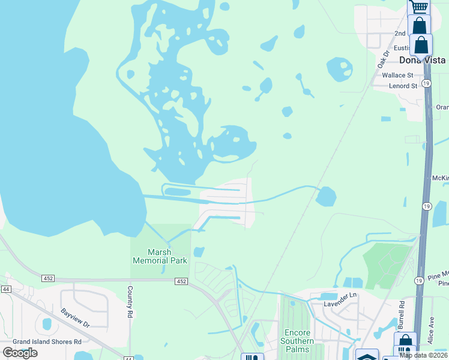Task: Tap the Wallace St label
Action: [x=397, y=76]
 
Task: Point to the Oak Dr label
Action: [x=384, y=58]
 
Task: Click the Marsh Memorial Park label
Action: [x=160, y=256]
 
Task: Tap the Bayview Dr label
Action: [x=75, y=317]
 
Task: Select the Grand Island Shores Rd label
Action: [x=42, y=341]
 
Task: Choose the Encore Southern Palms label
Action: [x=298, y=337]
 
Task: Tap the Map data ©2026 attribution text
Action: [x=424, y=355]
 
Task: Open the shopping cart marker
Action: [x=419, y=7]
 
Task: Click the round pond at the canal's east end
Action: [x=326, y=196]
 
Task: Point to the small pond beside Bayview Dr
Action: [x=47, y=324]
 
